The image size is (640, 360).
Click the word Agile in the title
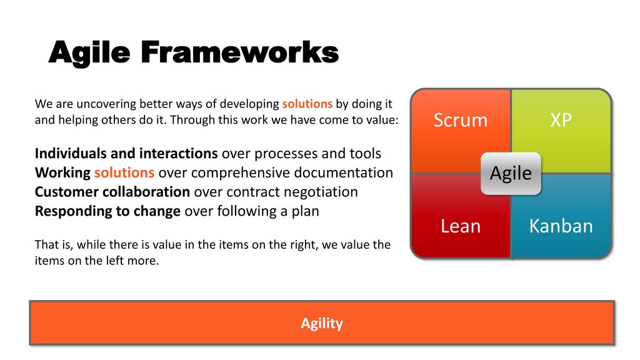(x=89, y=52)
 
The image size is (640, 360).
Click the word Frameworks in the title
(x=240, y=52)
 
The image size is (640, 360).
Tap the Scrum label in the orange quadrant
(x=461, y=120)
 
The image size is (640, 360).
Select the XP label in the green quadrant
(x=561, y=120)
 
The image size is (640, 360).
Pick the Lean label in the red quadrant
(x=461, y=226)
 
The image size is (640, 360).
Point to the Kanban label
(x=561, y=226)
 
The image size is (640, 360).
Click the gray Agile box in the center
(x=511, y=174)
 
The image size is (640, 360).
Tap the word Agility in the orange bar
(x=322, y=323)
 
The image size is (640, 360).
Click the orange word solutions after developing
(x=307, y=104)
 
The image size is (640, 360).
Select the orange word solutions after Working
(x=124, y=172)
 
